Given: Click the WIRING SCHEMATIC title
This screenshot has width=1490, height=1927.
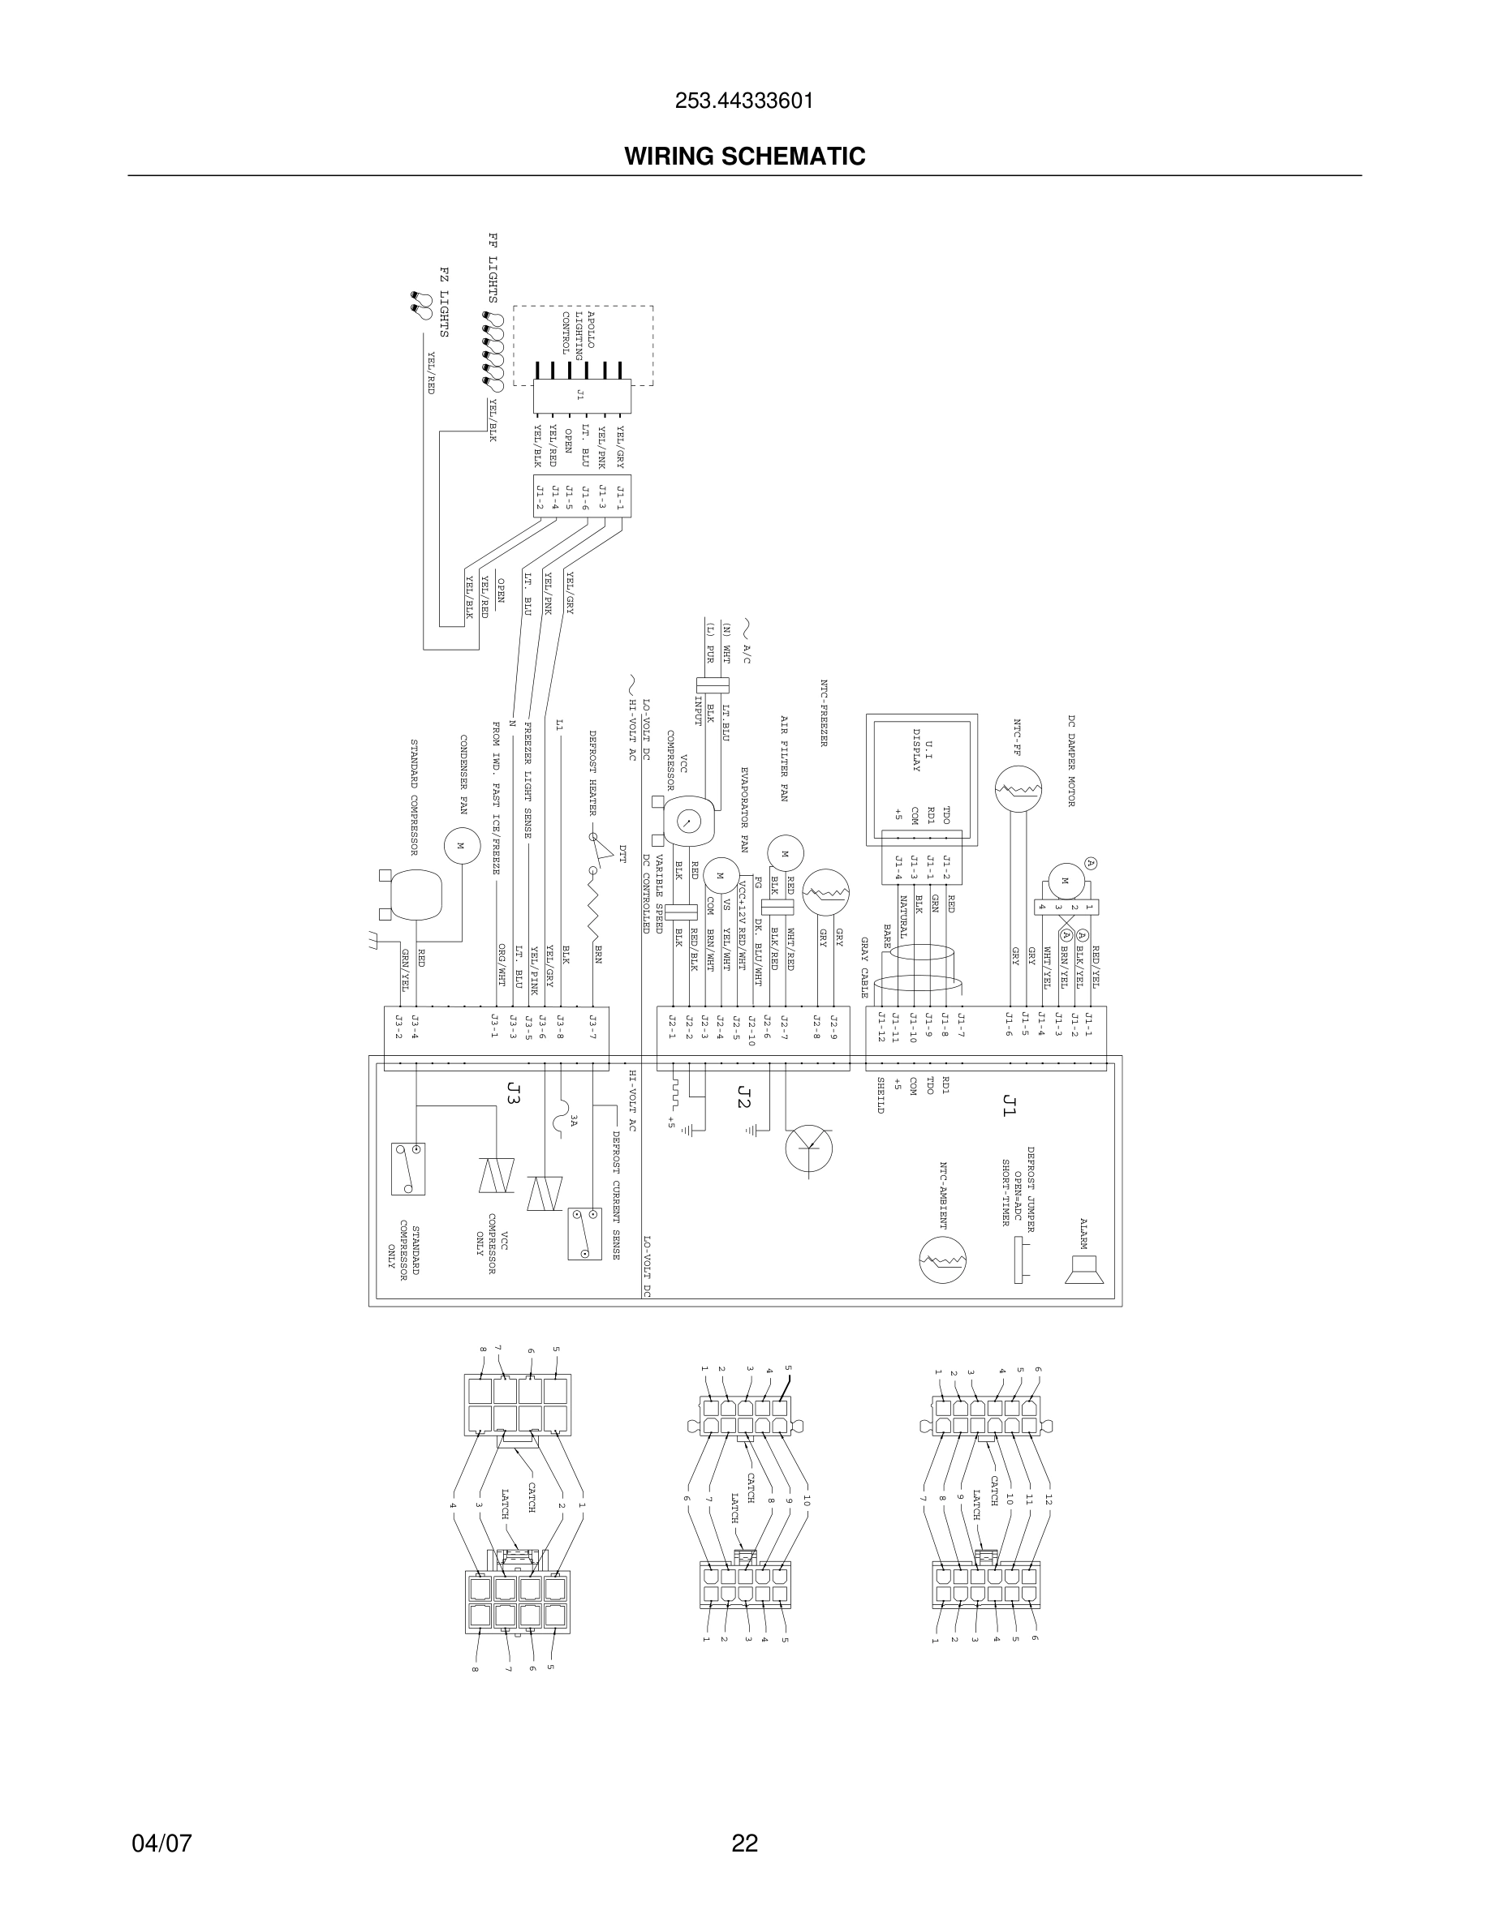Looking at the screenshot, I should [x=744, y=157].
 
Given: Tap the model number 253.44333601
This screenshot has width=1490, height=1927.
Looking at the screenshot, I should [x=744, y=101].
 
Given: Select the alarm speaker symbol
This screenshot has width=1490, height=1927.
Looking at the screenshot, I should [x=1084, y=1271].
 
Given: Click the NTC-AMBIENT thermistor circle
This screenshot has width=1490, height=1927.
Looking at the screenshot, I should [x=942, y=1261].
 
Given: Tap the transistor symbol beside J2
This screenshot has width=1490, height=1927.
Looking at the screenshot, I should [x=809, y=1148].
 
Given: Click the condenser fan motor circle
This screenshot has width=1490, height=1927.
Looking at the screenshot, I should [x=459, y=845].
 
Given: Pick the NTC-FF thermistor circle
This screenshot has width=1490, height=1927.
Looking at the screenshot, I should [x=1018, y=789].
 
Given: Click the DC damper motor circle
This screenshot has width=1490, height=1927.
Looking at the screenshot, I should [x=1066, y=880].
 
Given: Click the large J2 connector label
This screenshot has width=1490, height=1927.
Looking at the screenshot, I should [x=743, y=1097].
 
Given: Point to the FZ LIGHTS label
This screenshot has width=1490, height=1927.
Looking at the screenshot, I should [x=444, y=302].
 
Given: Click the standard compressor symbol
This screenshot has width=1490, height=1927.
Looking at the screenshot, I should [x=413, y=895].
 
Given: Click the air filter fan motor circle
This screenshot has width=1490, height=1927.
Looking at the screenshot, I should [x=785, y=852].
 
